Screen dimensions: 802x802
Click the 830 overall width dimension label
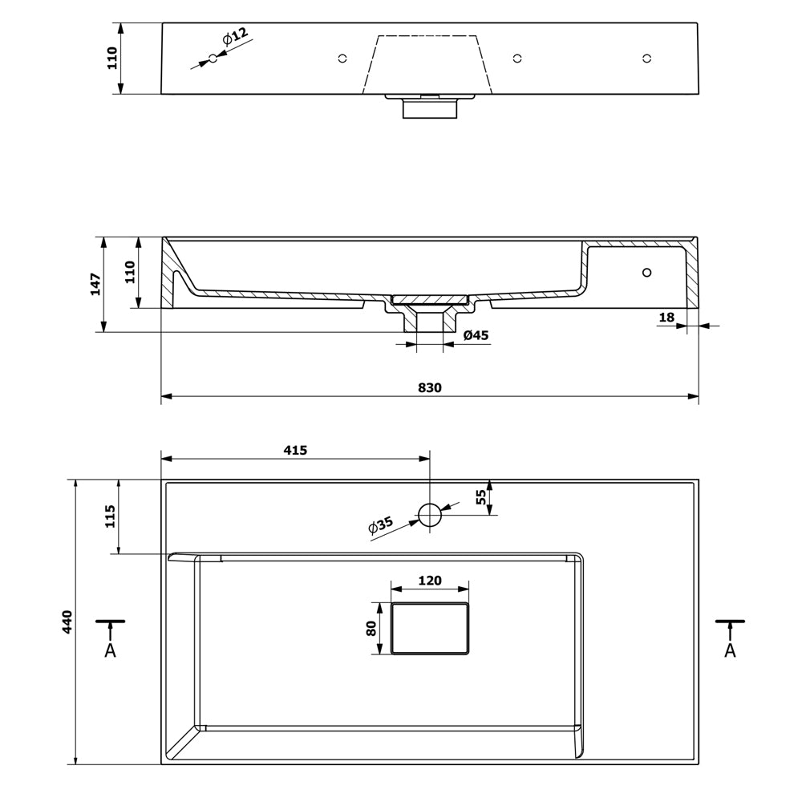point(430,387)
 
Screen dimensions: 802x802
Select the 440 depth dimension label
point(67,622)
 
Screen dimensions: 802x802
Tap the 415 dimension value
point(296,450)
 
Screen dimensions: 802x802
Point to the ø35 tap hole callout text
point(381,525)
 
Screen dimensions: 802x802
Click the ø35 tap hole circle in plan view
point(430,515)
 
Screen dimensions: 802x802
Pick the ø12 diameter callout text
point(235,37)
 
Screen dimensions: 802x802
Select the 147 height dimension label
point(96,285)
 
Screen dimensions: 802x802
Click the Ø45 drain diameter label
point(476,335)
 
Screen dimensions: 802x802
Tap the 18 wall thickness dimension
point(666,317)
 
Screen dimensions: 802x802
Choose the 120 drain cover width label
point(430,581)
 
